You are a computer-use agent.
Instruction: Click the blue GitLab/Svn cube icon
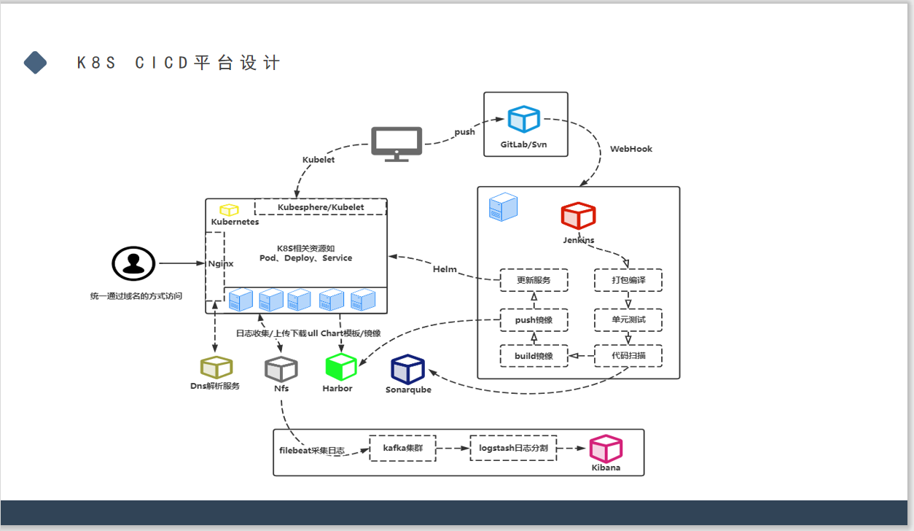tap(523, 120)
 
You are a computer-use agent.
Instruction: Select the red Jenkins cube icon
tap(578, 216)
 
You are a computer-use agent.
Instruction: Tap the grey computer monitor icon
tap(397, 144)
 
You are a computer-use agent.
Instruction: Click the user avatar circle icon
tap(133, 263)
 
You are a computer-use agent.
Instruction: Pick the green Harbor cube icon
tap(340, 367)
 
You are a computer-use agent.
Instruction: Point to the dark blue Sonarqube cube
tap(407, 369)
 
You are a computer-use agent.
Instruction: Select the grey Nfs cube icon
tap(281, 369)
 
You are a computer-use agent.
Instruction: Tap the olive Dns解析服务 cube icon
tap(216, 368)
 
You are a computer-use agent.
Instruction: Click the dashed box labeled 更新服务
tap(534, 280)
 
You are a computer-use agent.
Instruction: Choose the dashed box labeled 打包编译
tap(628, 280)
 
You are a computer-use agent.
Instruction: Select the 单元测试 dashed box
tap(628, 319)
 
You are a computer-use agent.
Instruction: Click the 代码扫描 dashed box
tap(628, 356)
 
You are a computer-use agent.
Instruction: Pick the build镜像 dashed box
tap(534, 356)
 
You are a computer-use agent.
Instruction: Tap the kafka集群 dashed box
tap(402, 448)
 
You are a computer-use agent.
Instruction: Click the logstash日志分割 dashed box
tap(513, 448)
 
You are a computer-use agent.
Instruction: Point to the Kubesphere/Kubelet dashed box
tap(320, 207)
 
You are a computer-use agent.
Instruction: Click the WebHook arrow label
tap(631, 149)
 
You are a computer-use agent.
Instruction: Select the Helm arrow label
tap(445, 269)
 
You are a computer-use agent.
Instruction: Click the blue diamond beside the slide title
tap(35, 63)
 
